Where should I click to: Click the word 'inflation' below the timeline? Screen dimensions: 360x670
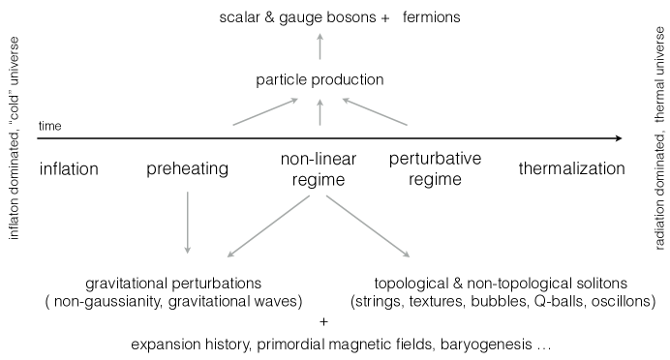(x=69, y=169)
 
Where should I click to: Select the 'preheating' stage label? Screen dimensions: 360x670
(x=187, y=169)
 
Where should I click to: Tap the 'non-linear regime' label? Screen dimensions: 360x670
(x=320, y=169)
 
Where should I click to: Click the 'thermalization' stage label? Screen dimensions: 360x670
(x=571, y=169)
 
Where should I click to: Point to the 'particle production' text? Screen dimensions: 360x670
(x=320, y=79)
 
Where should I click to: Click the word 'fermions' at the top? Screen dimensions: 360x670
(x=434, y=17)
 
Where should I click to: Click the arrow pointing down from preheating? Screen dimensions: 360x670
(x=187, y=224)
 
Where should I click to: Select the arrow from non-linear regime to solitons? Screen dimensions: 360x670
(x=367, y=229)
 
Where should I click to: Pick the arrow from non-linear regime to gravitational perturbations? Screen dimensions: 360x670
(x=268, y=229)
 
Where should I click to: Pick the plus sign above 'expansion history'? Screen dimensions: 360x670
(x=323, y=322)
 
